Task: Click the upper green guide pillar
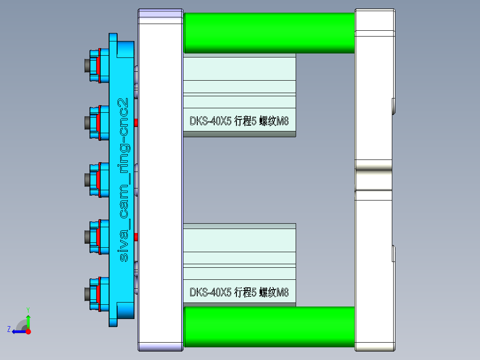(269, 33)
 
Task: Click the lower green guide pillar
(269, 327)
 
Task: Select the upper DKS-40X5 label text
(239, 121)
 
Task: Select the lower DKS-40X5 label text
(239, 292)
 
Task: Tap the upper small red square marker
(136, 122)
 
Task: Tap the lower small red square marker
(136, 236)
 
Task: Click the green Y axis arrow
(28, 319)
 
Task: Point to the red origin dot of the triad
(28, 331)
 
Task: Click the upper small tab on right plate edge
(393, 106)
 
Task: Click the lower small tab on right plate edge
(393, 253)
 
